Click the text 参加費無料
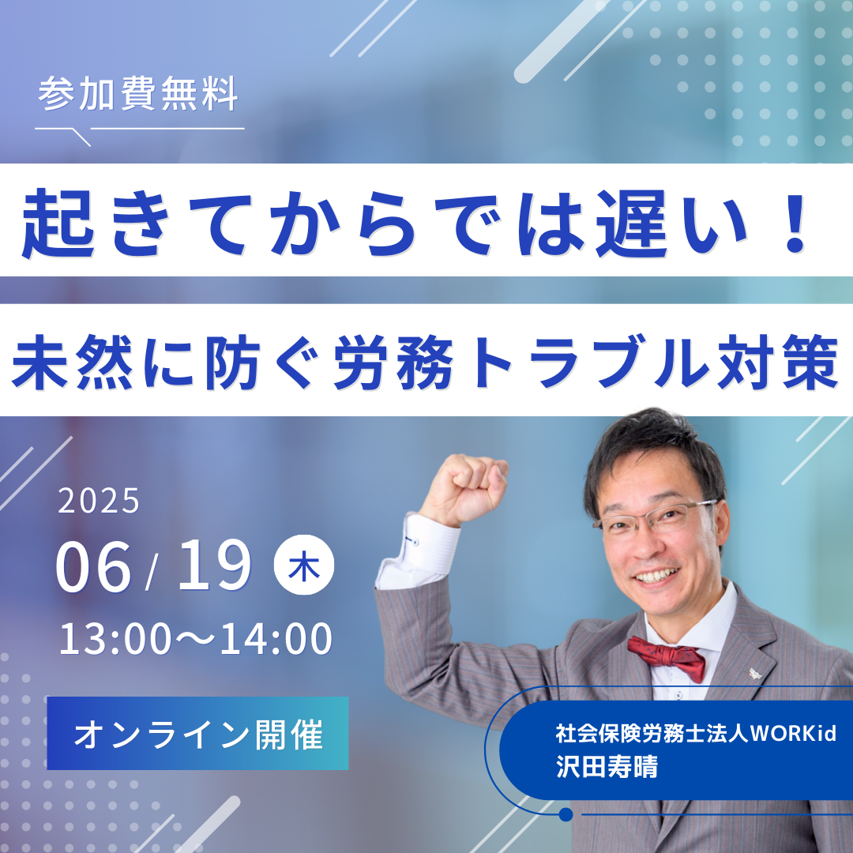138,93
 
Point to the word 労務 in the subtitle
393,362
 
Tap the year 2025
99,501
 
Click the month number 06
93,567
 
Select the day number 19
214,566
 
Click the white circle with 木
303,565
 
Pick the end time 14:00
276,639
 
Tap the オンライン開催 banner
197,733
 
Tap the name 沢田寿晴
607,766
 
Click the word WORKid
793,733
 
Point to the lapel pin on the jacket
755,674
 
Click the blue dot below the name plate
566,814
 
